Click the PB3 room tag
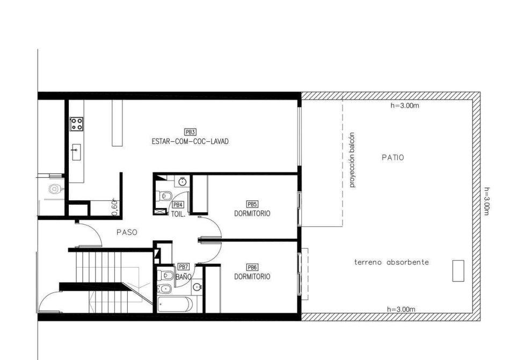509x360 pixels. [190, 132]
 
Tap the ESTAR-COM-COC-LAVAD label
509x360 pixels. [190, 142]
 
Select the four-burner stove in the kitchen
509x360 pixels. [77, 124]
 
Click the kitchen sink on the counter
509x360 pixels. [77, 153]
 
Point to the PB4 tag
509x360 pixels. [178, 205]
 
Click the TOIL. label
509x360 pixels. [178, 214]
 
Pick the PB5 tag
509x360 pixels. [252, 204]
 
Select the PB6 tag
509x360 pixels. [252, 267]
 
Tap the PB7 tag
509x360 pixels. [184, 267]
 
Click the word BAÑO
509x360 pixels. [183, 277]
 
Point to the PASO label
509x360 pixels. [127, 233]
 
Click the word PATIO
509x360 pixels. [393, 157]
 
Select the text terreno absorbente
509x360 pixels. [391, 262]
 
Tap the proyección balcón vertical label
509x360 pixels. [353, 160]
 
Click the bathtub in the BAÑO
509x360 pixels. [175, 304]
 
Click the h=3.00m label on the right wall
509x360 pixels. [486, 201]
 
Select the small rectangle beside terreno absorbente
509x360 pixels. [458, 271]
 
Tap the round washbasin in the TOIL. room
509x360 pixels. [183, 182]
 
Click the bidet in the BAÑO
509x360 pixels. [165, 288]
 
